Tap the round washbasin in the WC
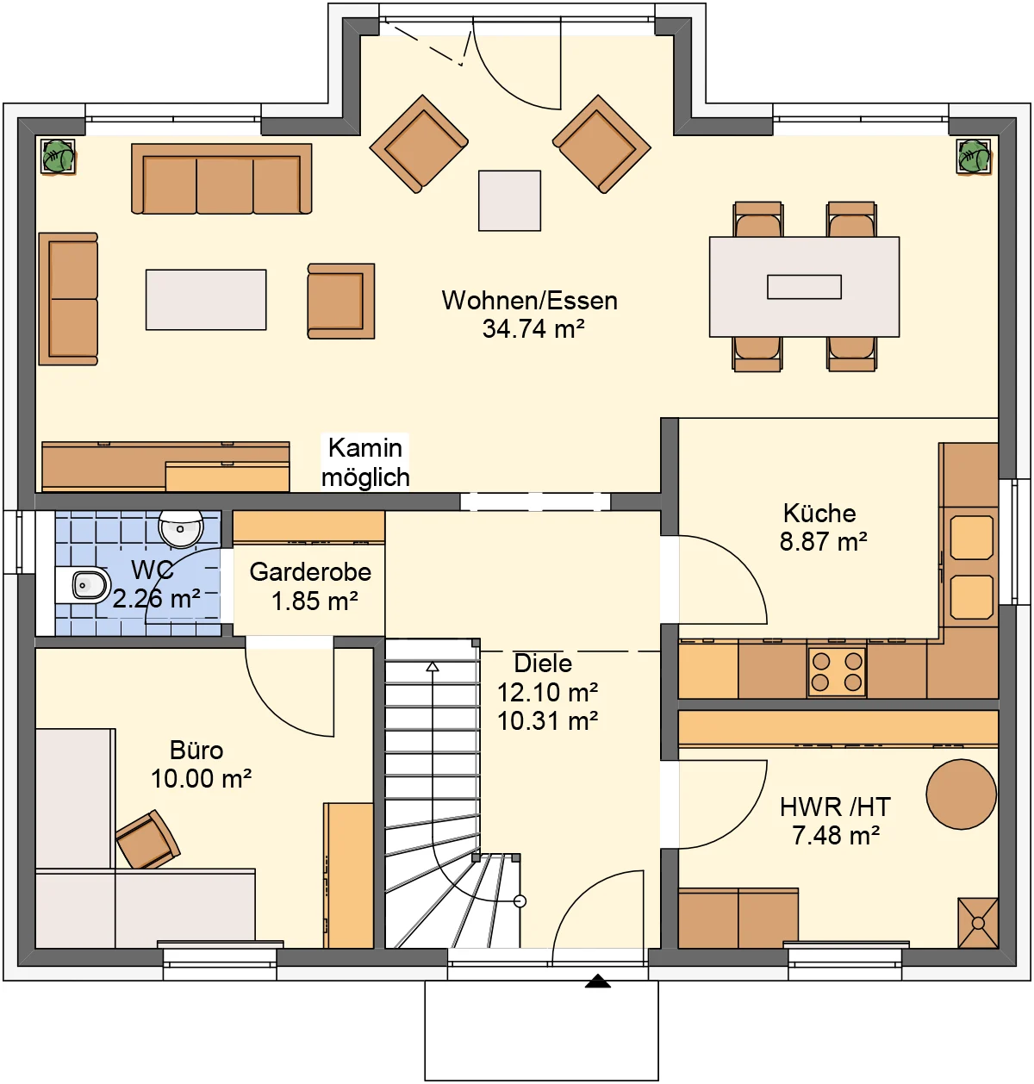point(181,529)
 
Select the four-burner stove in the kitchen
point(837,671)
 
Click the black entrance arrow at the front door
point(598,981)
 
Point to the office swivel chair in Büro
point(148,840)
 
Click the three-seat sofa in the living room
point(221,179)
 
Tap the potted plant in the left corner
point(58,156)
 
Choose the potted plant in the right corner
point(974,156)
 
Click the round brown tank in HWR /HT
point(962,794)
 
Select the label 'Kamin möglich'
point(365,462)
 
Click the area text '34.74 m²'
point(533,328)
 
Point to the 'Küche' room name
point(819,514)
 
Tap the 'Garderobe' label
point(310,572)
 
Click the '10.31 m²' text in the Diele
point(548,721)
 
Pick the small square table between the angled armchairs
point(509,201)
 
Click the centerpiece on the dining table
point(804,287)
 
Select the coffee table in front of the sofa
point(206,299)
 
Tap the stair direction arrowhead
point(433,667)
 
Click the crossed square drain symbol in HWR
point(978,923)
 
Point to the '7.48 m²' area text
point(836,836)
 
